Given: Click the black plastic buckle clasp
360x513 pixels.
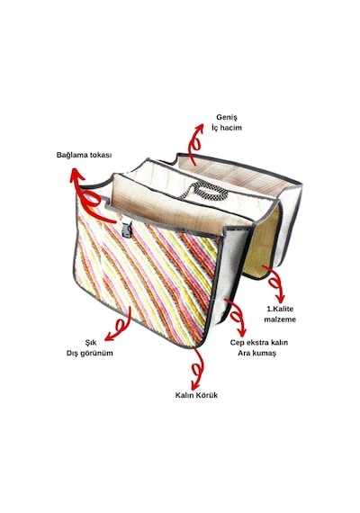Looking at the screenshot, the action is tap(127, 229).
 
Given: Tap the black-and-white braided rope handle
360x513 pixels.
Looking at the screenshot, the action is tap(203, 191).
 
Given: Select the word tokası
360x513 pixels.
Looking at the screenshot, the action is tap(101, 155).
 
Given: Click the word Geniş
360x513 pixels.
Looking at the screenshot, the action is tap(227, 117).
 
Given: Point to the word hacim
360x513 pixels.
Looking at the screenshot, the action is tap(230, 128).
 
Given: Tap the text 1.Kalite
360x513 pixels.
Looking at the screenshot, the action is tap(280, 309).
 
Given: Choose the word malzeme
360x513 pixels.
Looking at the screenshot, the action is tap(280, 319).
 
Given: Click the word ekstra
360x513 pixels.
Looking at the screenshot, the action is tap(255, 343).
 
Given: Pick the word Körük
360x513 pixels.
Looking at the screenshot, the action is tap(207, 395).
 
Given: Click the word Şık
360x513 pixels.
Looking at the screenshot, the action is tap(91, 343).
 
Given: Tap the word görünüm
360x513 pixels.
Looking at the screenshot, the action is tap(97, 354).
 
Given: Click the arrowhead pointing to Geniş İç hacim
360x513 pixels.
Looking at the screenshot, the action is tap(198, 128).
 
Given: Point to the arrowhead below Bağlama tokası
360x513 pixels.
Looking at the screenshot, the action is tap(76, 175).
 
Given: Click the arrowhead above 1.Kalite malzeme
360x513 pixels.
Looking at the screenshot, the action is tap(280, 299).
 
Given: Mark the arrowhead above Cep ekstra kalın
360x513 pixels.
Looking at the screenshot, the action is tap(242, 332).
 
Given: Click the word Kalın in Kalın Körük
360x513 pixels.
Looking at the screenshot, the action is tap(184, 395).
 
